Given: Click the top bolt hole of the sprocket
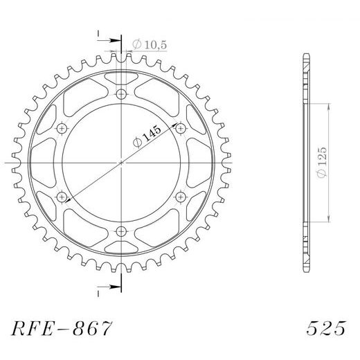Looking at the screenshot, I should coord(122,94).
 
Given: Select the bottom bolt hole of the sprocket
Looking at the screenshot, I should coord(122,231).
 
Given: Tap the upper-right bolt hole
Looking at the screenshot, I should coord(181,128).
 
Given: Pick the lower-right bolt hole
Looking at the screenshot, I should coord(181,197).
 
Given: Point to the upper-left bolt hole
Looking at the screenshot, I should coord(62,128).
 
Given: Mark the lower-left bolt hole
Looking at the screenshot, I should coord(62,197).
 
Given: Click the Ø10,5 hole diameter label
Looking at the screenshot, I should coord(148,45).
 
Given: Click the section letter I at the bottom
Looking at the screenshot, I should coord(99,294).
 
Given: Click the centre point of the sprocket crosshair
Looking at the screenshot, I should coord(122,163).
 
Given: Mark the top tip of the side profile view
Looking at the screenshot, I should coord(305,54).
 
